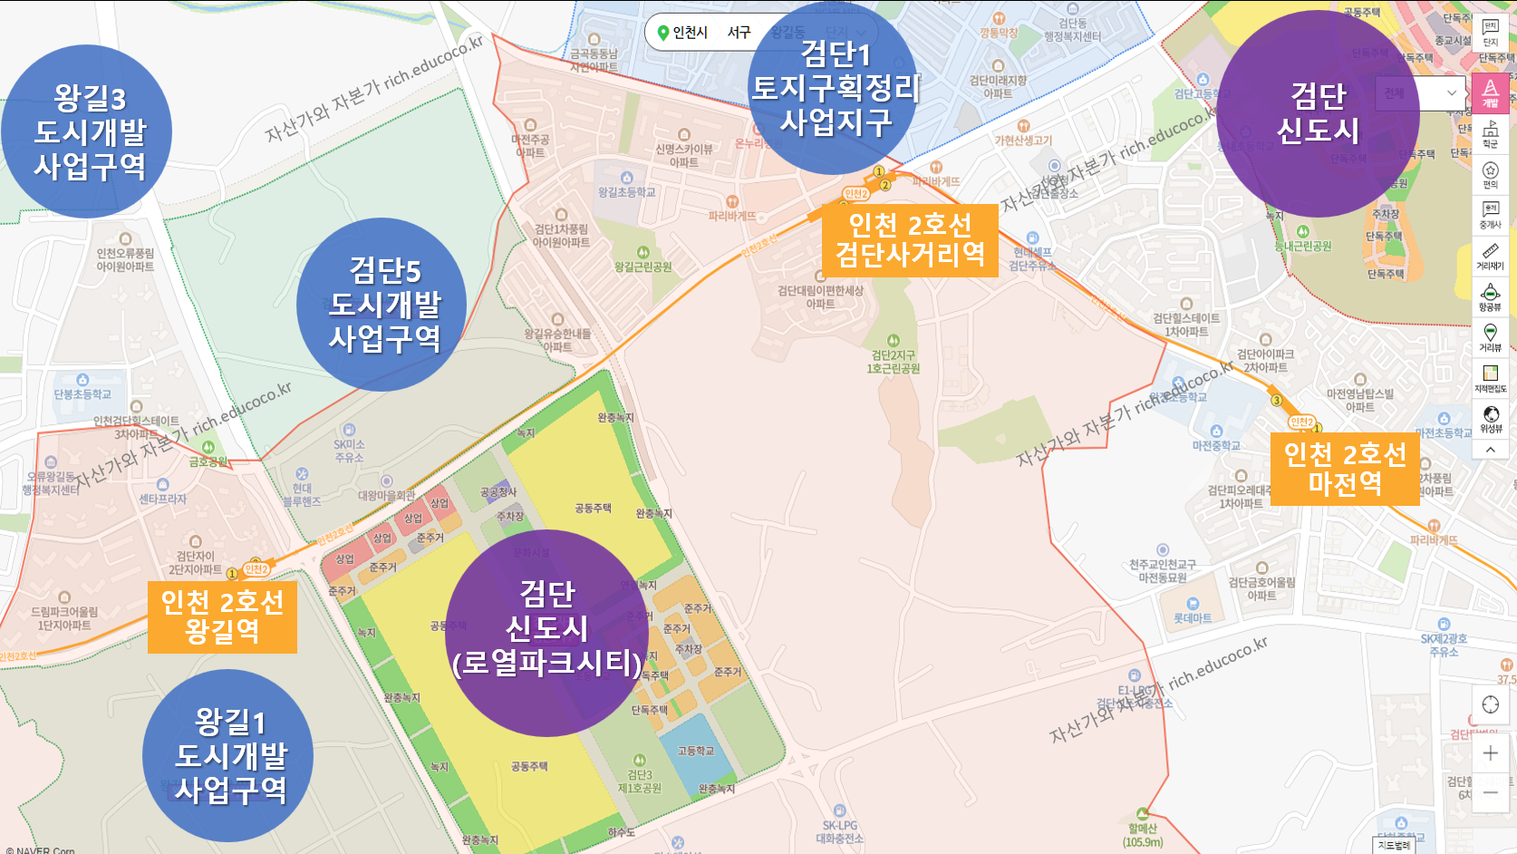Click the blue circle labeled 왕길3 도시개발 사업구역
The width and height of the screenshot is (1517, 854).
click(87, 131)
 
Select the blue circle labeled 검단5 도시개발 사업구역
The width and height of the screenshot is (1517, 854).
click(382, 305)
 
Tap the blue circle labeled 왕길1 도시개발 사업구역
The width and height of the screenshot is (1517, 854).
click(228, 755)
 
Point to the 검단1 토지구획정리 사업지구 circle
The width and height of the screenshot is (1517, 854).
click(834, 88)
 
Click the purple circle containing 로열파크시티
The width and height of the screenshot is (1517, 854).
click(546, 633)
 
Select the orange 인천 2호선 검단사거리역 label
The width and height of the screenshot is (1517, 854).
click(909, 239)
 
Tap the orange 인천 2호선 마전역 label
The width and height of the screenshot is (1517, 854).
click(1345, 469)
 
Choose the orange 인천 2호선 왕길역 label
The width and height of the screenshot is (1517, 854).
click(222, 616)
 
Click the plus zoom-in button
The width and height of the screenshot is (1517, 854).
click(1490, 753)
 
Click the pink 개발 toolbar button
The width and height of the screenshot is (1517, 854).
click(1490, 92)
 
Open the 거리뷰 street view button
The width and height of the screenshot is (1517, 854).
click(1490, 337)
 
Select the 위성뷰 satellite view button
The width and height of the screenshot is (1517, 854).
click(1490, 419)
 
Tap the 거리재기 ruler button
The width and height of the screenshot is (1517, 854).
click(1490, 256)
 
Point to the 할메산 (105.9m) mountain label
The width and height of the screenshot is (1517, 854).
click(1143, 834)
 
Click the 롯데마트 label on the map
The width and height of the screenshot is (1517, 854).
click(1193, 618)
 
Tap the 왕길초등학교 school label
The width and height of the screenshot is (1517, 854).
click(626, 192)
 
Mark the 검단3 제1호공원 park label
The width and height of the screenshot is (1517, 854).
click(640, 781)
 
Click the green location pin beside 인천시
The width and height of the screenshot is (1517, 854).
click(663, 33)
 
